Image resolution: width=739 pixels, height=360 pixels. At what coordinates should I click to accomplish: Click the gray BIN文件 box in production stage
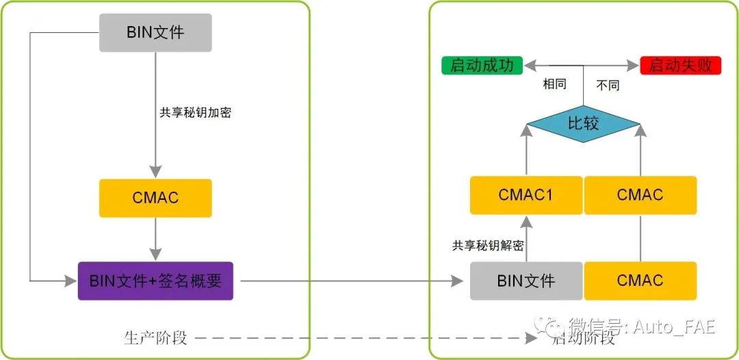[155, 33]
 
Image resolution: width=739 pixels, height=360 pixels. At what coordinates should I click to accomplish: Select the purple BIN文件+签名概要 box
[155, 281]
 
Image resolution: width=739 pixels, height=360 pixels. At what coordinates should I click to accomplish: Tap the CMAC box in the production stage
[155, 198]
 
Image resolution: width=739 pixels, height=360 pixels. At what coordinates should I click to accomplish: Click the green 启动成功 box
[482, 66]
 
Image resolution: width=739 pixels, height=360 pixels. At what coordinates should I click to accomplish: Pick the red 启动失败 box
[681, 66]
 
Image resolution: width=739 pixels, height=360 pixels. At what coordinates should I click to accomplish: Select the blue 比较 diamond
[583, 123]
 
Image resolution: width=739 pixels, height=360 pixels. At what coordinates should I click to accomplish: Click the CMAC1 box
[526, 195]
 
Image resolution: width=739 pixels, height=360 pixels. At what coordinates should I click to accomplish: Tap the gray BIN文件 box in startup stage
[526, 281]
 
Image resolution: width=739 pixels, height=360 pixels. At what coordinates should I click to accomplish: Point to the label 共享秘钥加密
[195, 113]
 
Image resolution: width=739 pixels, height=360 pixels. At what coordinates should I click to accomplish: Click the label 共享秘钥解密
[488, 246]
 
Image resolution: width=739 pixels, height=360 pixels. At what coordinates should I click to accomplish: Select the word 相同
[554, 84]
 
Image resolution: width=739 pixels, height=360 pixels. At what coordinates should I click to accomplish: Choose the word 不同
[608, 86]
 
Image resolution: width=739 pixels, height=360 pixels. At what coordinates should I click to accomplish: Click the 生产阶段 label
[155, 338]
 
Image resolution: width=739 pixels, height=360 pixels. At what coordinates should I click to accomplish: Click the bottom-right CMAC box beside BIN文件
[640, 281]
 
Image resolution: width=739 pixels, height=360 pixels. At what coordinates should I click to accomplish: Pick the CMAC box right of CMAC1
[640, 195]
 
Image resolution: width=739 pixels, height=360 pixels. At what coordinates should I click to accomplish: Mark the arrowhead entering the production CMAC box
[155, 172]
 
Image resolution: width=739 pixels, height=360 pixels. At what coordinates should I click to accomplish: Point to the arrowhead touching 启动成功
[529, 66]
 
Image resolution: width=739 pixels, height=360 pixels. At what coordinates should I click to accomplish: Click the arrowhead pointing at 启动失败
[633, 66]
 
